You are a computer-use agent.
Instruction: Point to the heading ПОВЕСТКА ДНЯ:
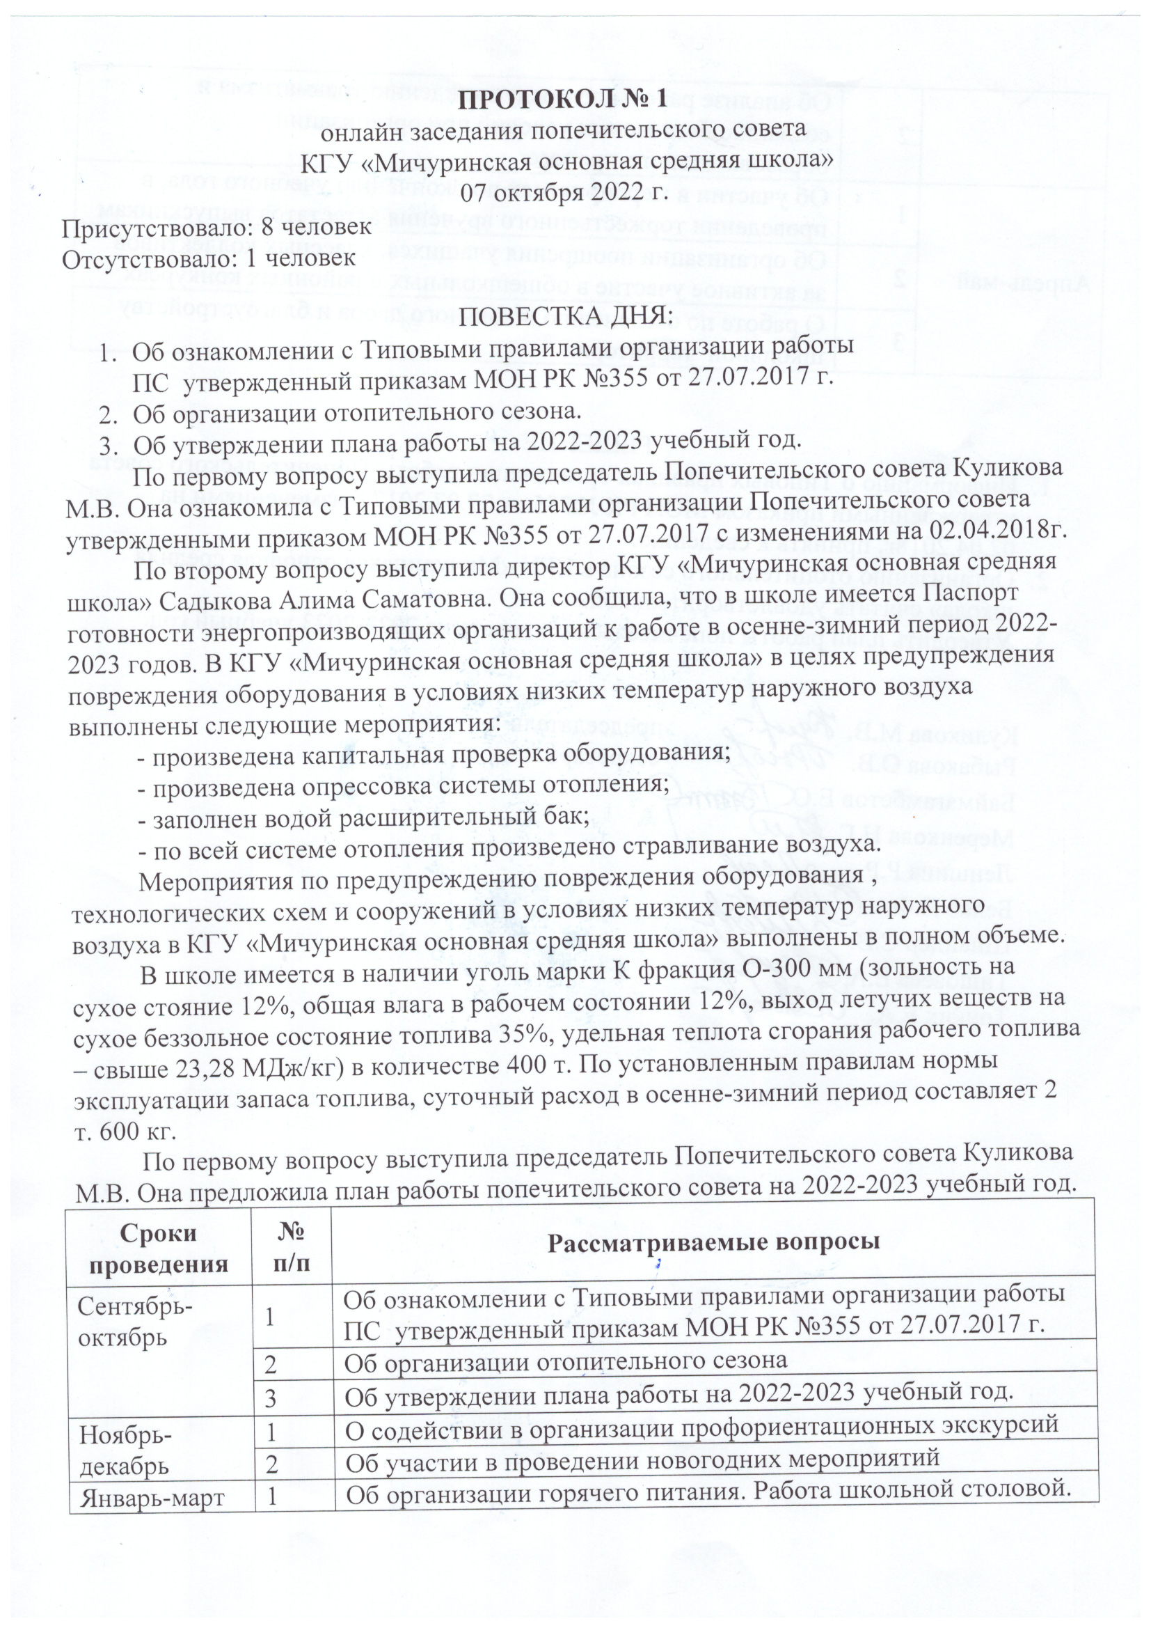pos(565,315)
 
